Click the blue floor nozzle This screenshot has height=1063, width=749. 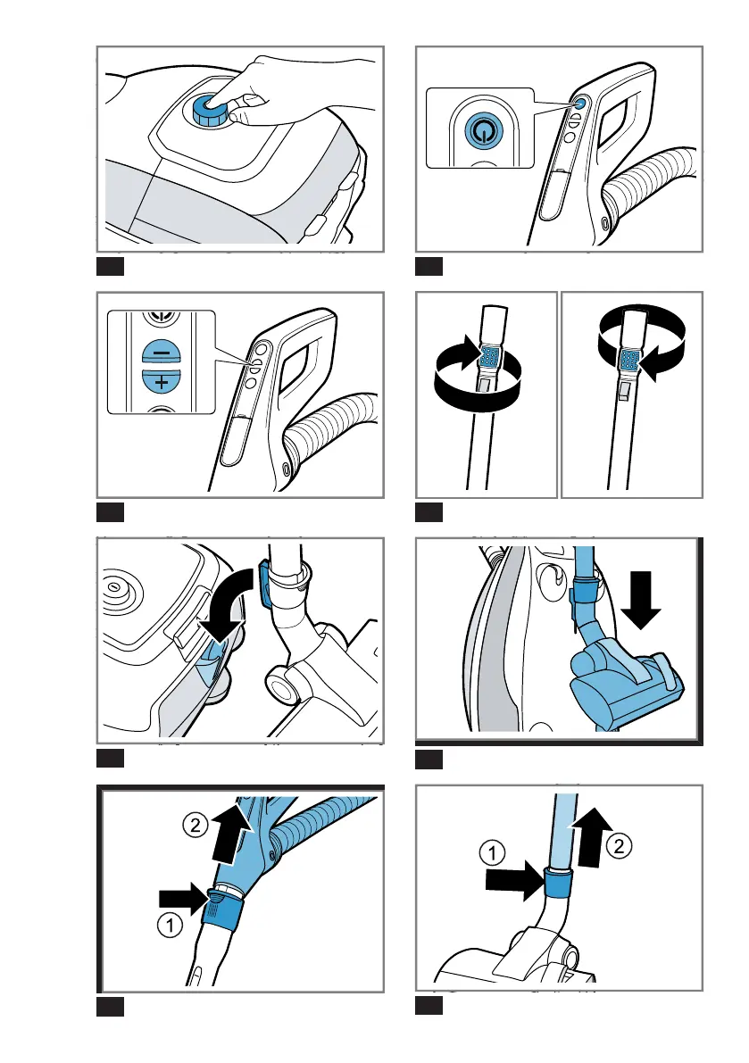[x=624, y=679]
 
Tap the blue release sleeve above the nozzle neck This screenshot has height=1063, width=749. [x=559, y=883]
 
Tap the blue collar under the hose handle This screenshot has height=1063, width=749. [x=222, y=911]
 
